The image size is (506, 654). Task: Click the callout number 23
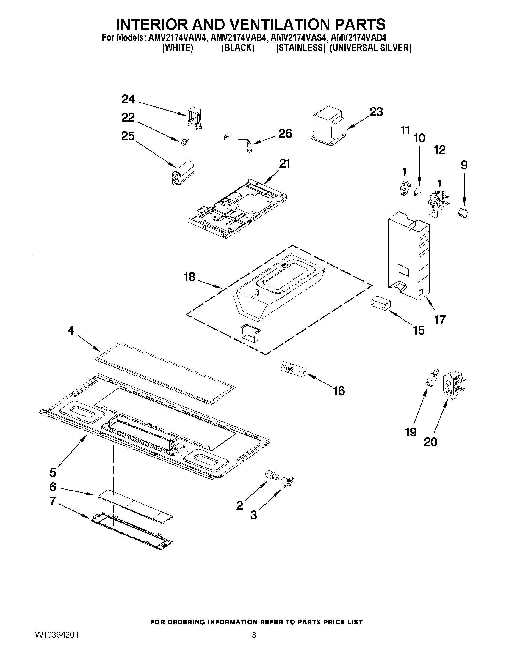376,112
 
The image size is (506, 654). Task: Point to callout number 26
285,133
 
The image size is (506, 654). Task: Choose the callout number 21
284,164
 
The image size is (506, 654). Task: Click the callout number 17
440,320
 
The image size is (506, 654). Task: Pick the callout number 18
189,277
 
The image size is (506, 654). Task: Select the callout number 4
71,330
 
